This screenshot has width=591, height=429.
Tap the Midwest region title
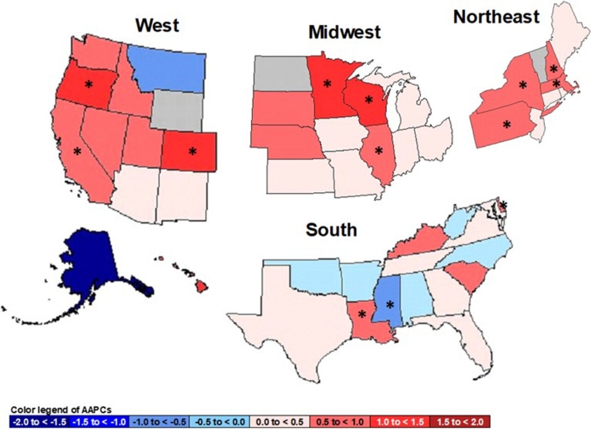[x=344, y=32]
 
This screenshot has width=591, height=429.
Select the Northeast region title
[x=496, y=17]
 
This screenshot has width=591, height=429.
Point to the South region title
[x=331, y=230]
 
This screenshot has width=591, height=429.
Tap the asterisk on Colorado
[x=192, y=151]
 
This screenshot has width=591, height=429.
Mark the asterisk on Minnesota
[x=327, y=84]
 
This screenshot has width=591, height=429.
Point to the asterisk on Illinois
[x=379, y=151]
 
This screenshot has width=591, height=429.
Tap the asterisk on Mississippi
[x=390, y=305]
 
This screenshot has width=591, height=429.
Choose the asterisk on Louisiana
[x=362, y=314]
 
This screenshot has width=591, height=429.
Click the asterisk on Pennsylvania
[x=507, y=124]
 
